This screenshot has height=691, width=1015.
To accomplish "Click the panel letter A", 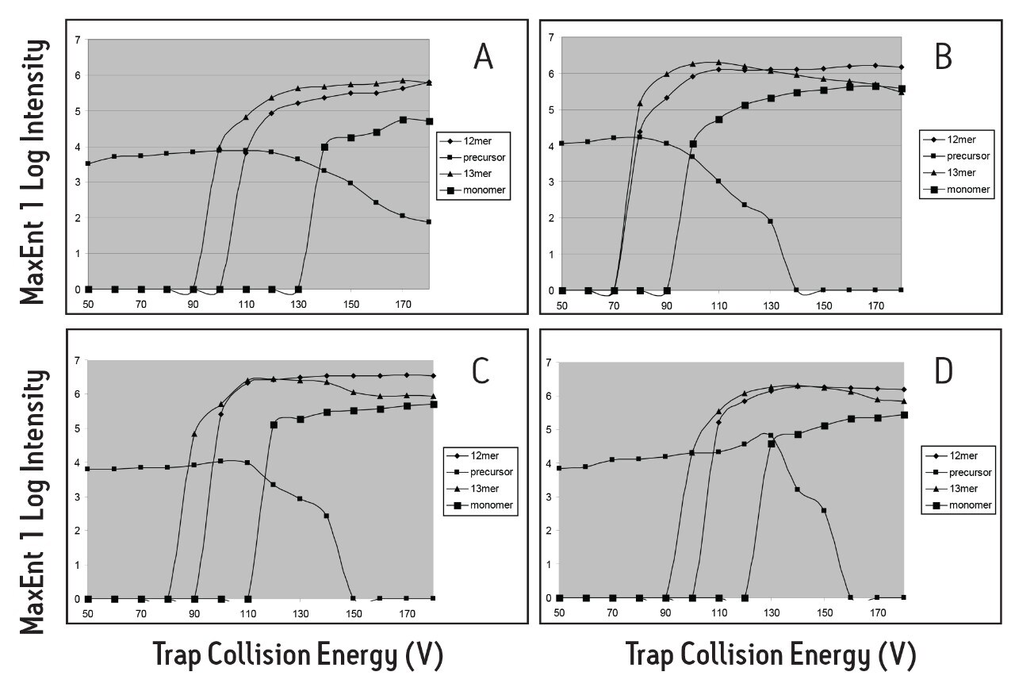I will pos(483,58).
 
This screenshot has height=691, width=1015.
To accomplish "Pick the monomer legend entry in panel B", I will pos(959,192).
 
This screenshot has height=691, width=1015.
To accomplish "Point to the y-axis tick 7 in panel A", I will pos(78,40).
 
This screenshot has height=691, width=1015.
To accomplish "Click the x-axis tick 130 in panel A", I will pos(298,303).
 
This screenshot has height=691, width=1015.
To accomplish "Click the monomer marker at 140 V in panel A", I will pos(324,147).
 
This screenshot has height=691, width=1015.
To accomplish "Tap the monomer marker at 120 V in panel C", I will pos(274,425).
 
